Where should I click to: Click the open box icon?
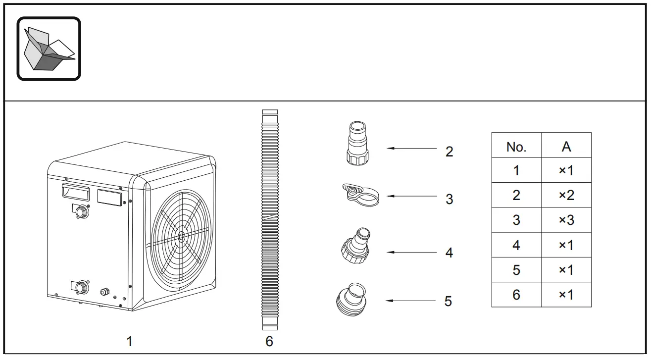49,49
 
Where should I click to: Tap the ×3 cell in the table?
566,220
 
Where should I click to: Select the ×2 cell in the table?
566,195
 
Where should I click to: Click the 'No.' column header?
516,147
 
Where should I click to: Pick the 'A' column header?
566,147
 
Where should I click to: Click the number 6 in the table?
516,295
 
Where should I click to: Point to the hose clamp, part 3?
360,195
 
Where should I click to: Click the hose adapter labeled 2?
357,144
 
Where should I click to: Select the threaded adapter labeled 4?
355,246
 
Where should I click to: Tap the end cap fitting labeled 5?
351,300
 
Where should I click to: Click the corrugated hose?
270,220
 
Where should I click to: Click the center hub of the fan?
181,237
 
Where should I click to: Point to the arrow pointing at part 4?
411,252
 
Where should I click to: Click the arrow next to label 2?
411,149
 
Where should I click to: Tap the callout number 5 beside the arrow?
448,301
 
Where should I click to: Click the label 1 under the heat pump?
129,341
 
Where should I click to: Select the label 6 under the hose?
269,341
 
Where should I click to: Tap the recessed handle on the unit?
76,192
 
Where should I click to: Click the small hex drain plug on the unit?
105,292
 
